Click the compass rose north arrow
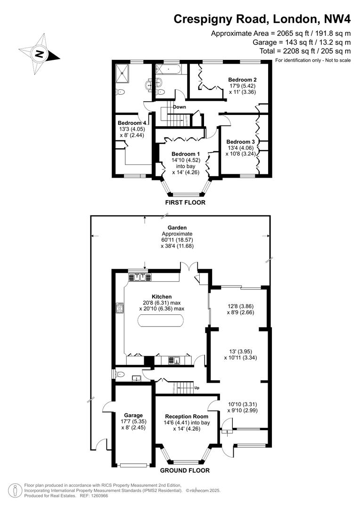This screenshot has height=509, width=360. (x=40, y=53)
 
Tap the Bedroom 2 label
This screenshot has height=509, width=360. (x=242, y=80)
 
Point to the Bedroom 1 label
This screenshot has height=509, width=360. (x=186, y=154)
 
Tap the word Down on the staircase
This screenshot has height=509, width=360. (x=180, y=107)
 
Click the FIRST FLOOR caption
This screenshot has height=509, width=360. (x=185, y=203)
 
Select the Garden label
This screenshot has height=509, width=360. (x=177, y=228)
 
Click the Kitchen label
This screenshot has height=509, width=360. (x=162, y=296)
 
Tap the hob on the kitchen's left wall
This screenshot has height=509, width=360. (x=119, y=309)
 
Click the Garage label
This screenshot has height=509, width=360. (x=133, y=415)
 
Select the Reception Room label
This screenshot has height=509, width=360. (x=185, y=417)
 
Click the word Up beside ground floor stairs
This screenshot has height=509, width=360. (x=197, y=388)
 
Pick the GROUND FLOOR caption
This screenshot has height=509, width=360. (x=185, y=470)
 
